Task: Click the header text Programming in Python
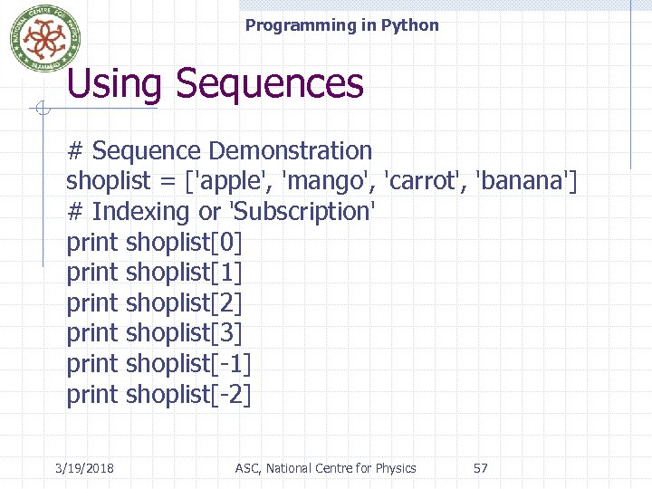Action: [x=341, y=25]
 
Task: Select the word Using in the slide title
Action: [x=114, y=84]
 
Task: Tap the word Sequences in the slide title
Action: [x=270, y=84]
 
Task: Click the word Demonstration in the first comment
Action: [x=290, y=150]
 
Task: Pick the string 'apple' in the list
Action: [x=230, y=181]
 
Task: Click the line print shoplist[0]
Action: [x=155, y=242]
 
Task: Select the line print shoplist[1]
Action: [x=155, y=273]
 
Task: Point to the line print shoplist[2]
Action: [x=155, y=303]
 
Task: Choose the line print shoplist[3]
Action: [x=155, y=333]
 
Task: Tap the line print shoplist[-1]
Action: [x=159, y=364]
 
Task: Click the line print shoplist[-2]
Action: [x=159, y=395]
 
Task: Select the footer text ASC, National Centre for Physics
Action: [x=326, y=468]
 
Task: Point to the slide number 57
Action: [x=481, y=468]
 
